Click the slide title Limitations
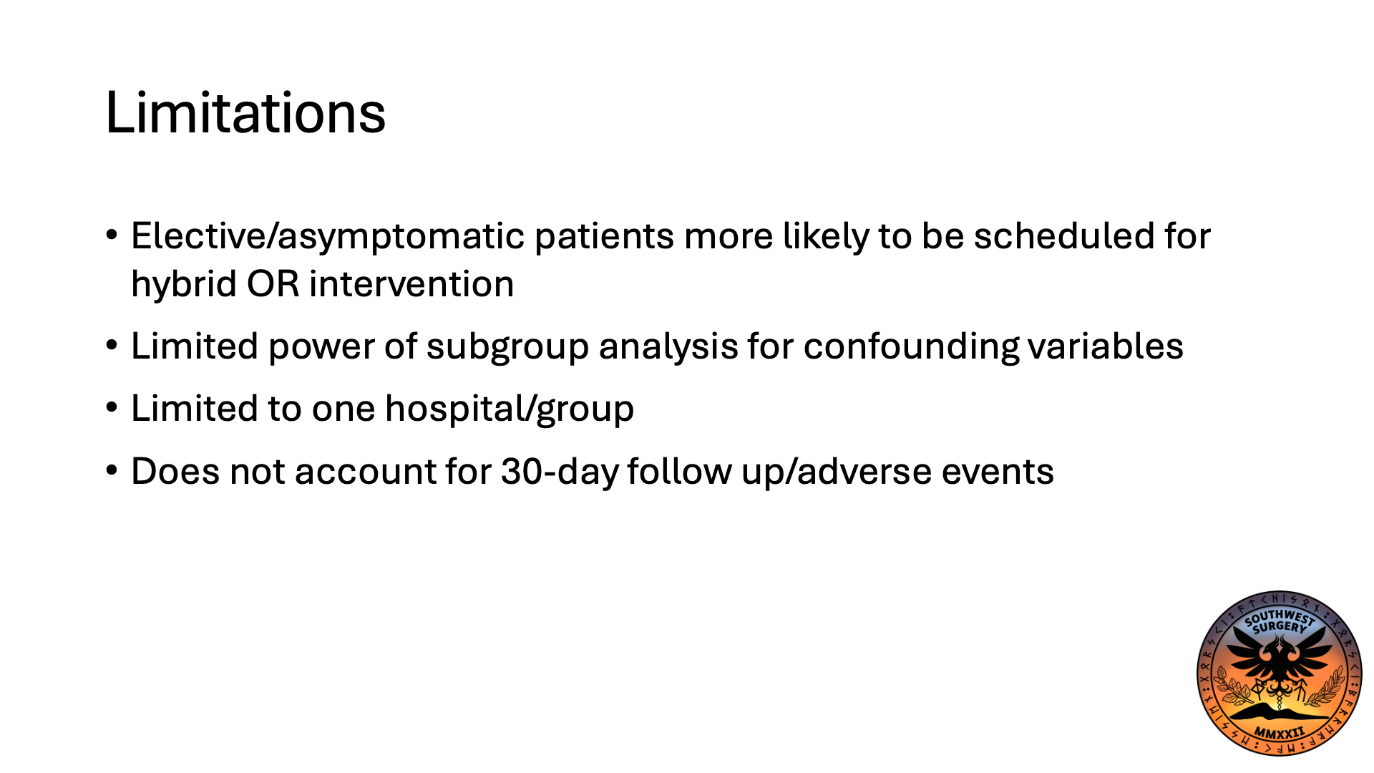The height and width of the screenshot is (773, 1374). point(245,113)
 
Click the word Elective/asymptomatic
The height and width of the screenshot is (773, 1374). point(328,236)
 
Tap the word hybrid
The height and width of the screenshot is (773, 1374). point(184,284)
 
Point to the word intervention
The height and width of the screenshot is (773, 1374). point(411,284)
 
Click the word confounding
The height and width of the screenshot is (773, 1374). point(910,347)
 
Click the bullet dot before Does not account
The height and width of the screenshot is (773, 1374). point(112,471)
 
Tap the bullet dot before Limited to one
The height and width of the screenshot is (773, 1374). point(112,408)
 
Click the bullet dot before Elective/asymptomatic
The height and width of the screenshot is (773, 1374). point(112,235)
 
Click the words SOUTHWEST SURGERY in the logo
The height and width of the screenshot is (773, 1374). point(1279,621)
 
